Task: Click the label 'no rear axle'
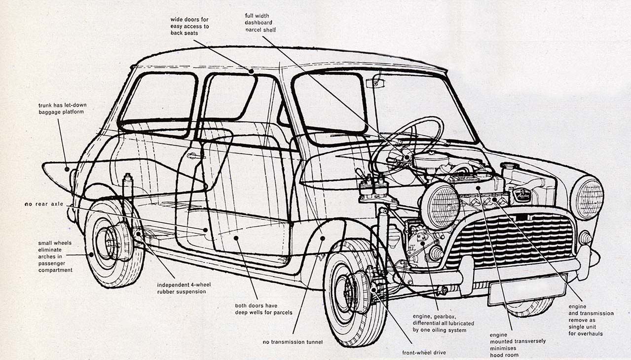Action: [x=44, y=204]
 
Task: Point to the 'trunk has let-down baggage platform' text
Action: [x=62, y=108]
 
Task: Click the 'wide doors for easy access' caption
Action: [x=190, y=26]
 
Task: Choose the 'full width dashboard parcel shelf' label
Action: [x=261, y=23]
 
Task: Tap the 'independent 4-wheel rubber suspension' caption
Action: [x=182, y=288]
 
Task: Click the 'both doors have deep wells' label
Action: [x=264, y=309]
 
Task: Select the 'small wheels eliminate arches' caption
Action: [x=55, y=256]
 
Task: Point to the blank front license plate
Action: [x=527, y=289]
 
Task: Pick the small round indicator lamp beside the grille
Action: [x=585, y=238]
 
